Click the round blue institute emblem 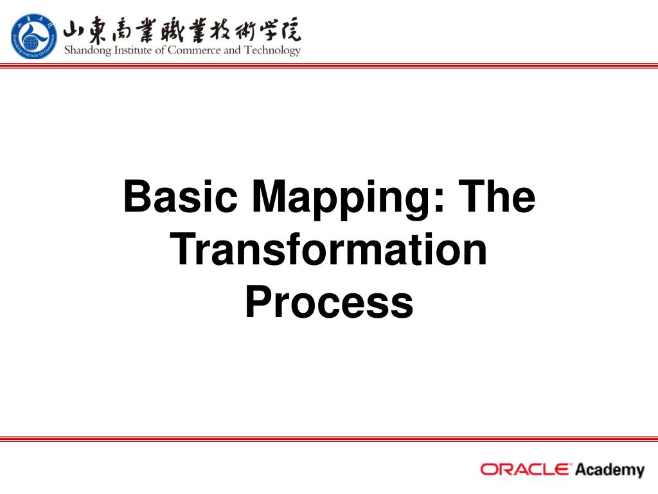click(33, 36)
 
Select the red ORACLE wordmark click(525, 469)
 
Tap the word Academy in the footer click(609, 470)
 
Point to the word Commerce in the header click(195, 50)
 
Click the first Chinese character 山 click(75, 29)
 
